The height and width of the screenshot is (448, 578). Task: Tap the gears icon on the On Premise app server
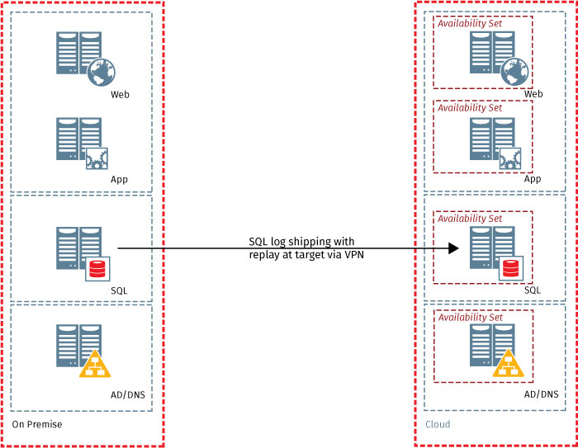(97, 158)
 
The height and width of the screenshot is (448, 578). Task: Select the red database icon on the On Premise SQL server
(97, 269)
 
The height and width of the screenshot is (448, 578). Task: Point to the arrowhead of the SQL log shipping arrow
(453, 248)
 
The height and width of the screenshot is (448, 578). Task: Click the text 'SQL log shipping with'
(302, 241)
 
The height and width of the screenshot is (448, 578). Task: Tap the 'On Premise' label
(37, 424)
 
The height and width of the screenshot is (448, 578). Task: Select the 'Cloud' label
(438, 424)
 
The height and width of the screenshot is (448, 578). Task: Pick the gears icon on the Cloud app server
(510, 158)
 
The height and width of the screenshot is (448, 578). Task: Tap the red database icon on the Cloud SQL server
(510, 269)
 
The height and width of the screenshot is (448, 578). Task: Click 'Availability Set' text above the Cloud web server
(470, 22)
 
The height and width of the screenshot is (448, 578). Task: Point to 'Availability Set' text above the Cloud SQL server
(470, 219)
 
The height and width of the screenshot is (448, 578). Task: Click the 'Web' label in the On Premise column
(120, 94)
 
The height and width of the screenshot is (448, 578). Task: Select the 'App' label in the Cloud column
(533, 179)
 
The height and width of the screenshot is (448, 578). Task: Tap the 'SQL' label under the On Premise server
(119, 290)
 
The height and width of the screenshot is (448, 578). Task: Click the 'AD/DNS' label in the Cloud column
(540, 394)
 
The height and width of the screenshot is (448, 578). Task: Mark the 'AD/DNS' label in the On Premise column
(127, 394)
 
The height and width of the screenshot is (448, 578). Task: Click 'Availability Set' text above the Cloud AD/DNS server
(470, 317)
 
